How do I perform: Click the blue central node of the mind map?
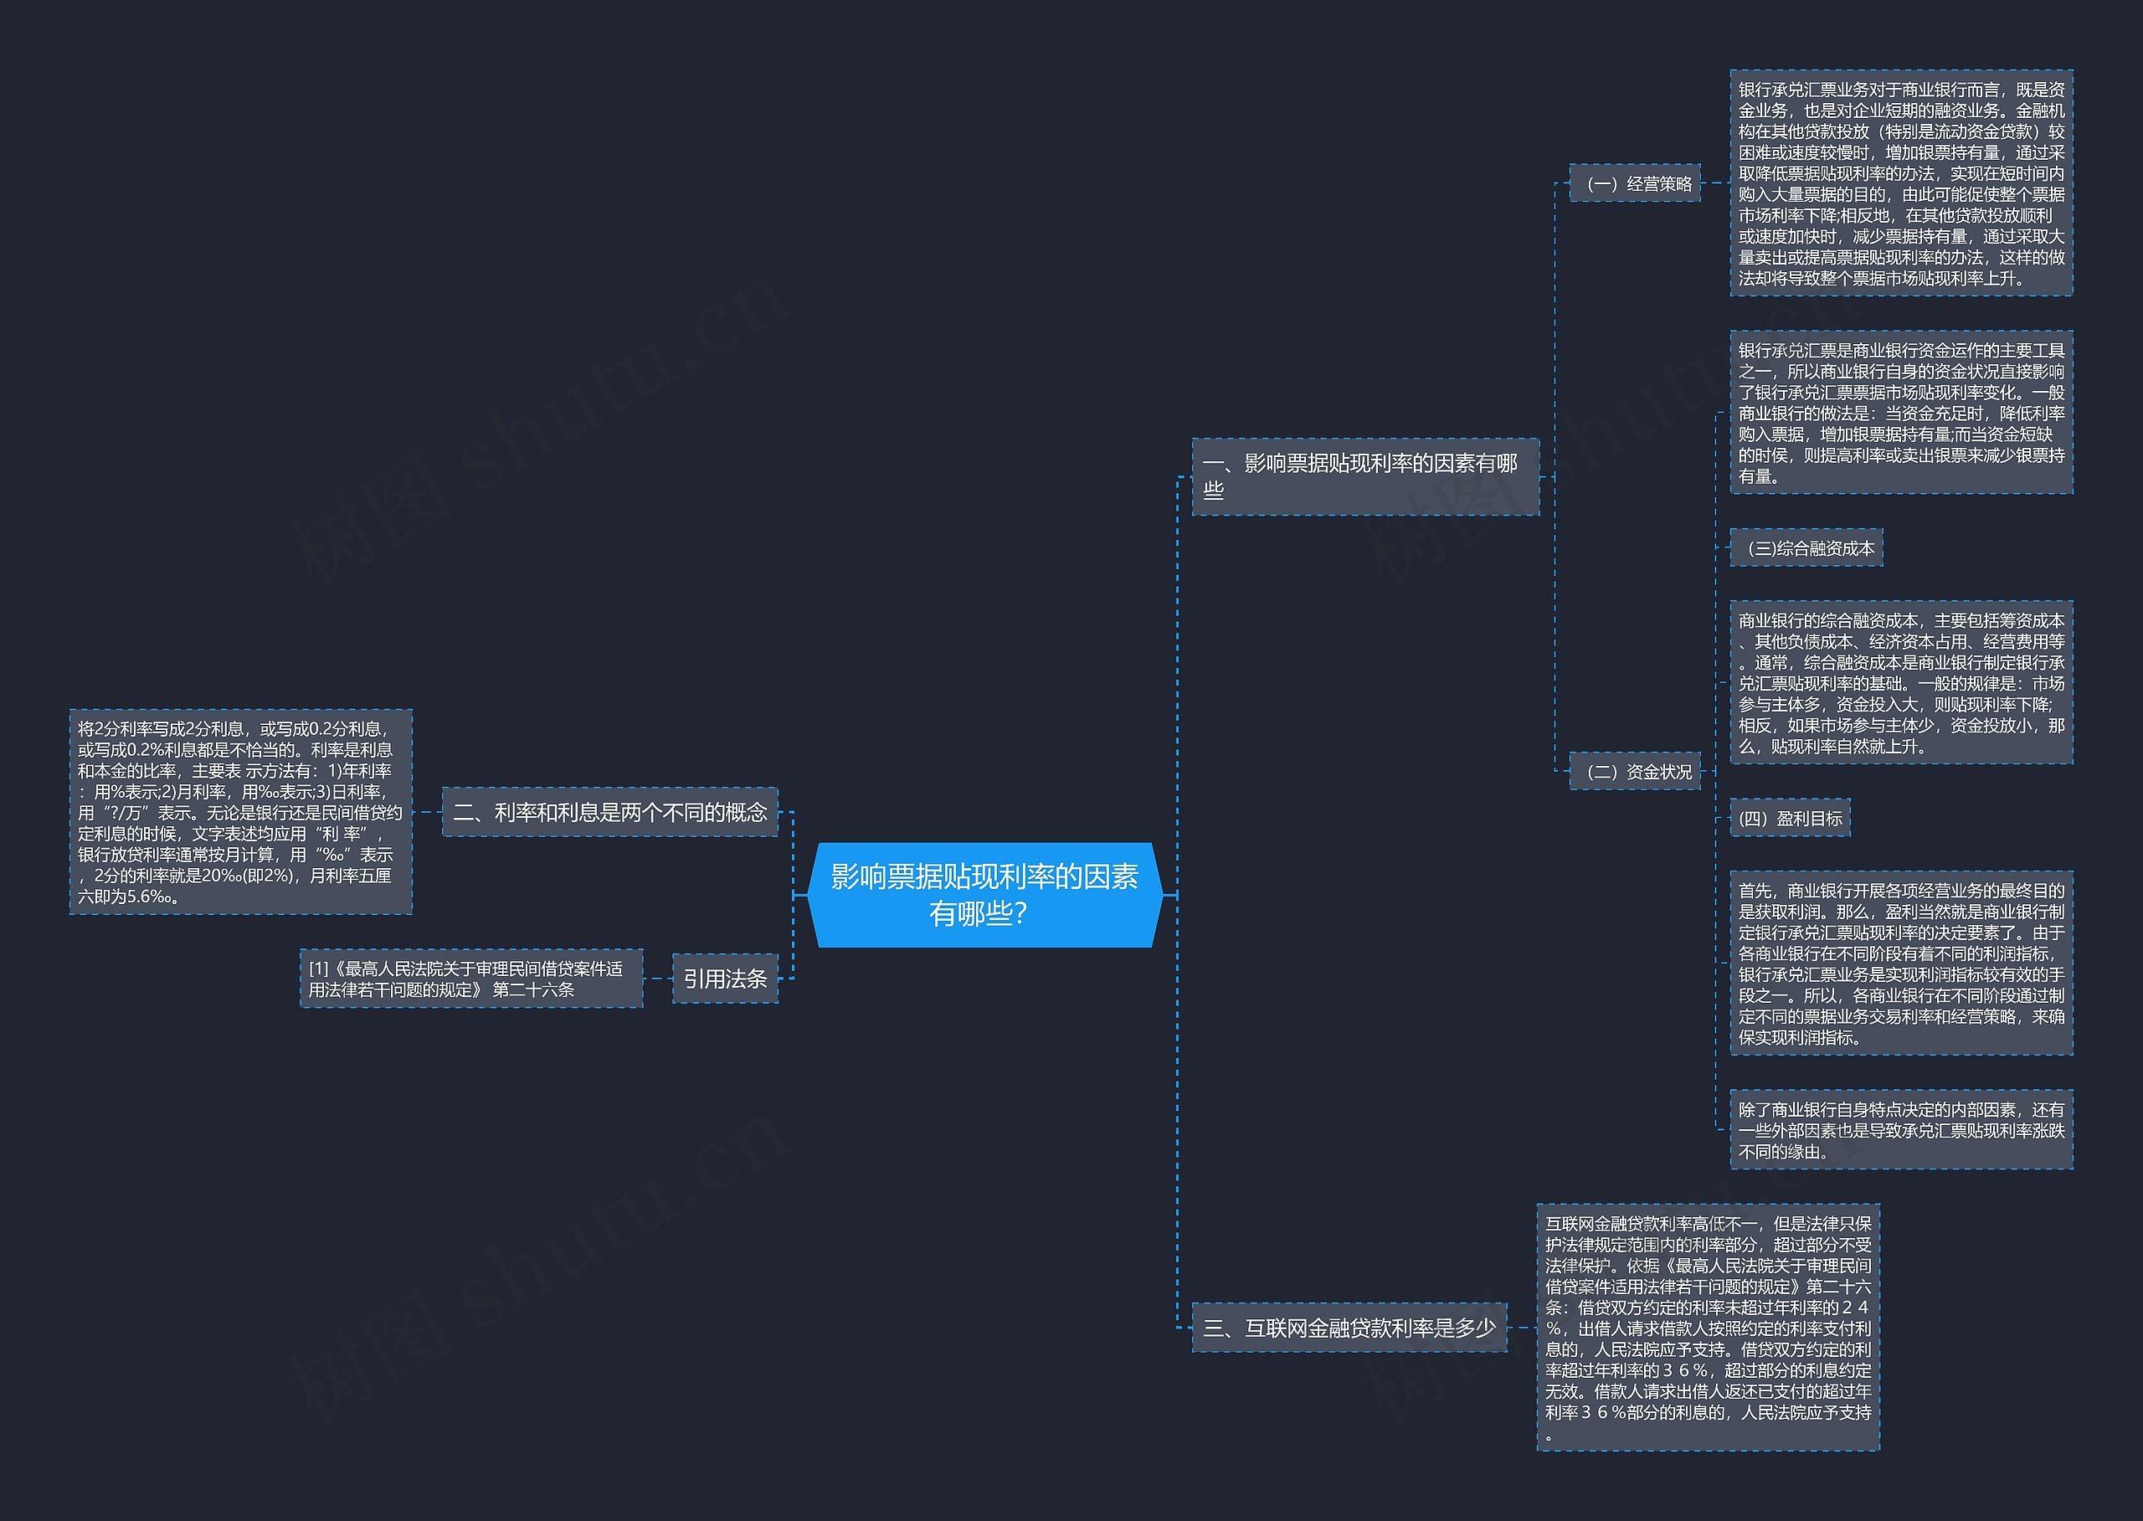click(984, 894)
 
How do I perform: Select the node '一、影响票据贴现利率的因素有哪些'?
click(1364, 476)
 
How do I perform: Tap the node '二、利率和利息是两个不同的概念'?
click(609, 812)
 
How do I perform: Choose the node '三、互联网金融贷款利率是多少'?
click(1349, 1327)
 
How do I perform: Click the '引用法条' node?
click(725, 979)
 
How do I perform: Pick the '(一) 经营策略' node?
click(1634, 183)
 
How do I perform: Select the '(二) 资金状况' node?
click(1634, 772)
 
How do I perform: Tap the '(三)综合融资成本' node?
click(1806, 549)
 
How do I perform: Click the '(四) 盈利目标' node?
click(1790, 819)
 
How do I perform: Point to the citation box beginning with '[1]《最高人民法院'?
click(471, 979)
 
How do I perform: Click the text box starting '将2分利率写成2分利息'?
click(241, 812)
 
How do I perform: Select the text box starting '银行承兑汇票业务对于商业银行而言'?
click(1901, 183)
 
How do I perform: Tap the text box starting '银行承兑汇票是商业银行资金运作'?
click(1901, 412)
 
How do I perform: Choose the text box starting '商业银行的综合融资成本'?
click(1901, 683)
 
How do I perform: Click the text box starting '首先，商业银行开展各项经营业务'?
click(1901, 963)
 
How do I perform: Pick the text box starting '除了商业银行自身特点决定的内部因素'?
click(1901, 1129)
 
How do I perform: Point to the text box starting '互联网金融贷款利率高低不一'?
click(1709, 1327)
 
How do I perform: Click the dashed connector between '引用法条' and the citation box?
click(657, 979)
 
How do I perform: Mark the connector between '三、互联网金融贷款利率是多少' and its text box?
click(1522, 1327)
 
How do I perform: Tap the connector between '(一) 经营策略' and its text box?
click(1715, 183)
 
